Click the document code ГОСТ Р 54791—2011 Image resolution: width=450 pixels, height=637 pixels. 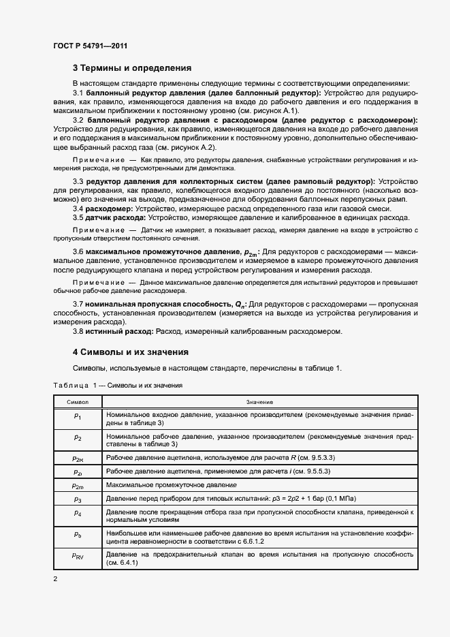pyautogui.click(x=90, y=46)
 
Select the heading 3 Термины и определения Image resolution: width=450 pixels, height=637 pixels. pyautogui.click(x=132, y=68)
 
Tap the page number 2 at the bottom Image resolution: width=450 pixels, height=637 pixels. pyautogui.click(x=55, y=579)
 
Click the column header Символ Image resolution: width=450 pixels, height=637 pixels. pyautogui.click(x=77, y=402)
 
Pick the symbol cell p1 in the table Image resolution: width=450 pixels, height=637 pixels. pyautogui.click(x=77, y=415)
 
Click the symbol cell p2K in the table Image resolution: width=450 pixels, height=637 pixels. pyautogui.click(x=77, y=459)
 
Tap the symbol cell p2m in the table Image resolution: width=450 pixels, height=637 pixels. pyautogui.click(x=77, y=486)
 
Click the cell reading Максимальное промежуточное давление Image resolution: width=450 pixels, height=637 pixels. pyautogui.click(x=171, y=485)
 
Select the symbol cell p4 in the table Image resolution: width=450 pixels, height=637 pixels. pyautogui.click(x=77, y=512)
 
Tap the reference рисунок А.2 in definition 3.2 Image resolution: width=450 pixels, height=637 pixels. pyautogui.click(x=194, y=147)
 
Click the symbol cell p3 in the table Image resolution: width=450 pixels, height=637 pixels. pyautogui.click(x=77, y=499)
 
